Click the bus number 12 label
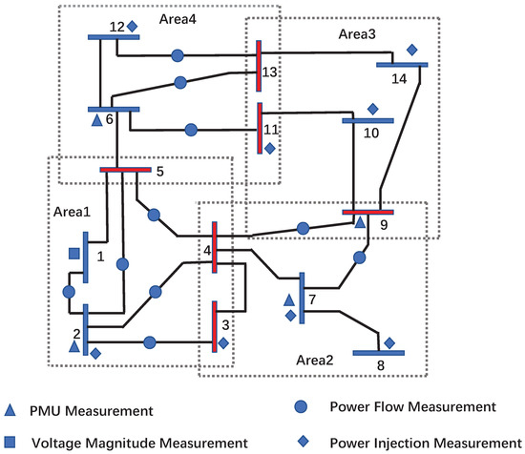[x=116, y=26]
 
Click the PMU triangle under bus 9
[x=360, y=222]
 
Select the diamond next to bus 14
[x=412, y=50]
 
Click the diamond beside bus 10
[x=373, y=108]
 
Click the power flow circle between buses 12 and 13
[x=178, y=56]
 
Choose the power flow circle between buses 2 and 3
[x=149, y=341]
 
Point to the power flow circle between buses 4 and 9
[x=303, y=228]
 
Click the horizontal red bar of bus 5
[x=126, y=171]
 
